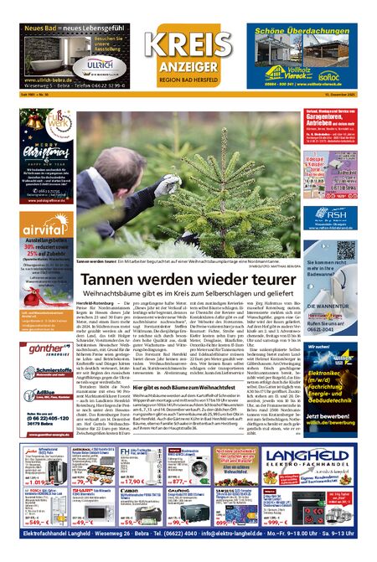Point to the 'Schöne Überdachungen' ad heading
point(307,29)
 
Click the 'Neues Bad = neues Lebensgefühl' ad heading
point(73,29)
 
